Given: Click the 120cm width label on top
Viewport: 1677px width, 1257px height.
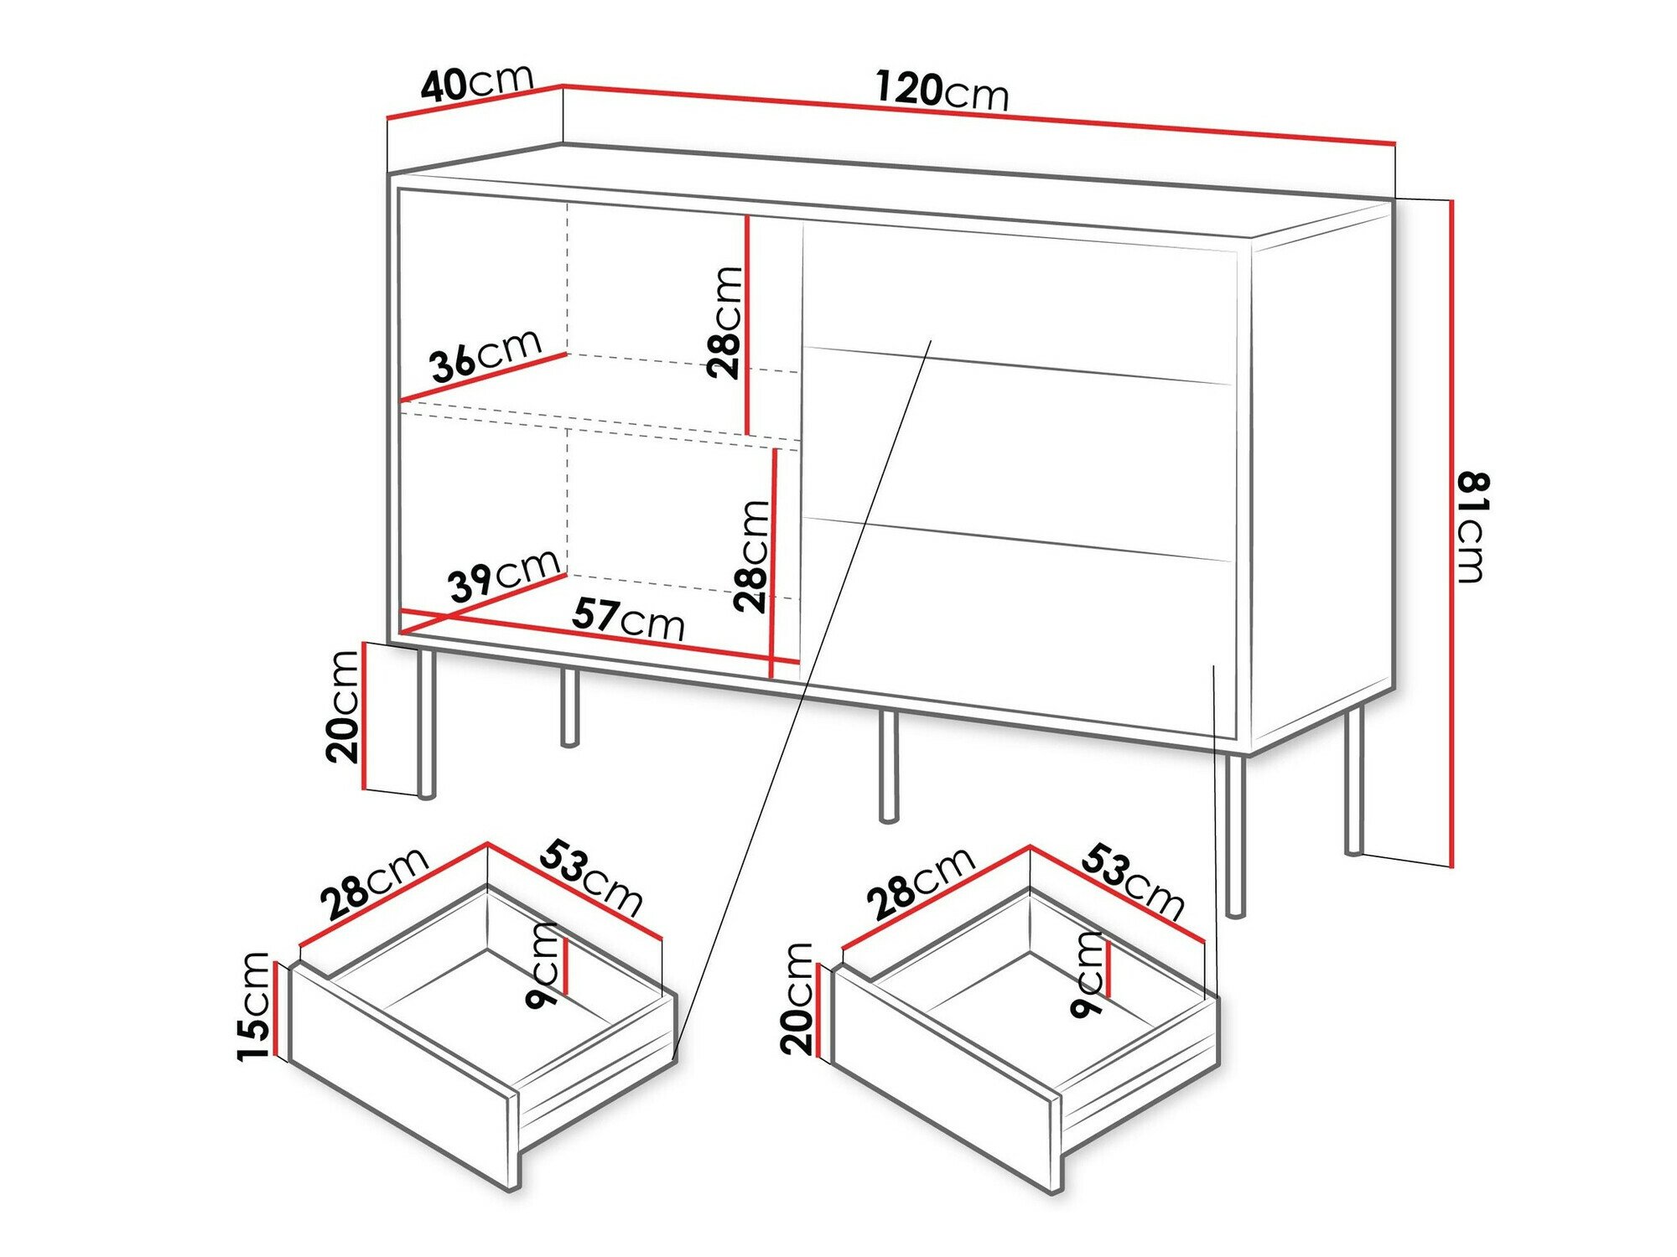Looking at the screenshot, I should click(x=942, y=91).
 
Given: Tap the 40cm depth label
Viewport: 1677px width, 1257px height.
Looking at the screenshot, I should click(x=476, y=82).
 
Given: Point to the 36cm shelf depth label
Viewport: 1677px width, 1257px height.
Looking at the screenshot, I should click(x=485, y=354).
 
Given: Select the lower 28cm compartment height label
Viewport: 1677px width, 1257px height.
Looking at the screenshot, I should click(x=750, y=555).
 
